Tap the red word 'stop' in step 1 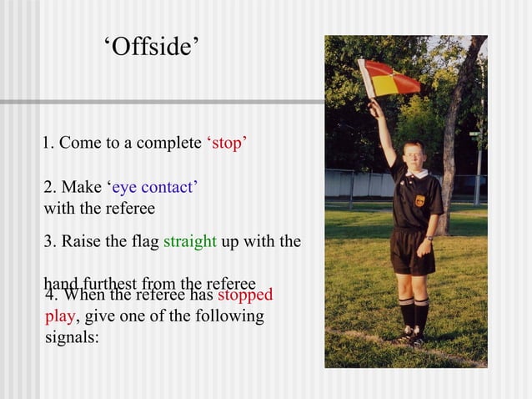coord(225,144)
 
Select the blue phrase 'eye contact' coord(154,187)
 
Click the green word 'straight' coord(190,243)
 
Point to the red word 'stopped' coord(245,295)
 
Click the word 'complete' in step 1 coord(163,144)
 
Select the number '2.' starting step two coord(50,187)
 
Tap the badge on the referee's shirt coord(419,200)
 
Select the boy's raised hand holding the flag coord(374,109)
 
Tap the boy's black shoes coord(414,337)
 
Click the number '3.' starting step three coord(50,243)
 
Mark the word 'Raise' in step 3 coord(79,243)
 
